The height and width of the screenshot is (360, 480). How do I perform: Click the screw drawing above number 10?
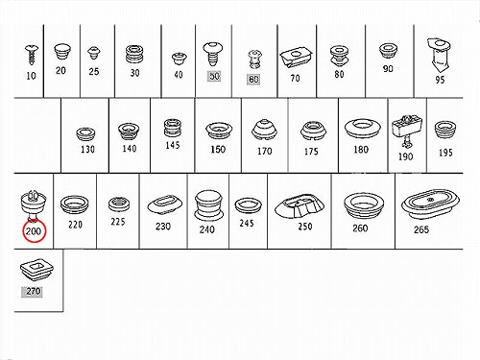coord(32,55)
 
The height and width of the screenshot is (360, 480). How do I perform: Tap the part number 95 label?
coord(440,80)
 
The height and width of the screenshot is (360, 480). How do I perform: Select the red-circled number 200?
coord(34,231)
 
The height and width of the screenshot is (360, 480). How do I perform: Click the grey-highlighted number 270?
coord(34,291)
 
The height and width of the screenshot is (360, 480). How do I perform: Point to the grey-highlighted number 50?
coord(214,76)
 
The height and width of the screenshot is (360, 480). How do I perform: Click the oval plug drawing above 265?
coord(430,204)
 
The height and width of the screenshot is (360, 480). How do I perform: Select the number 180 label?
coord(361,150)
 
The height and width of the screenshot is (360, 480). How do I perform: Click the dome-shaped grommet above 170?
coord(264,131)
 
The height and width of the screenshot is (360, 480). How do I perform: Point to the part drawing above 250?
coord(300,205)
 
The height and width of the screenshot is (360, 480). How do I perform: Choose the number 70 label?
coord(295,78)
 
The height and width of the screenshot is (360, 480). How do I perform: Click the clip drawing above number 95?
coord(439,56)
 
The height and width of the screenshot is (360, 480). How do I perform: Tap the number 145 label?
coord(172,145)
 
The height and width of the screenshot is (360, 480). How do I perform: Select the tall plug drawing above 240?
coord(208,204)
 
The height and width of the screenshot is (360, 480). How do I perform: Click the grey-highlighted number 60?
coord(253,79)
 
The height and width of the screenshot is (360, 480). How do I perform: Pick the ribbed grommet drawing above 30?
coord(134,55)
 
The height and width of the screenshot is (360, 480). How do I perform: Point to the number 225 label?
coord(118,222)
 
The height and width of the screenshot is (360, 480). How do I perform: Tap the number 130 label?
coord(87,149)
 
